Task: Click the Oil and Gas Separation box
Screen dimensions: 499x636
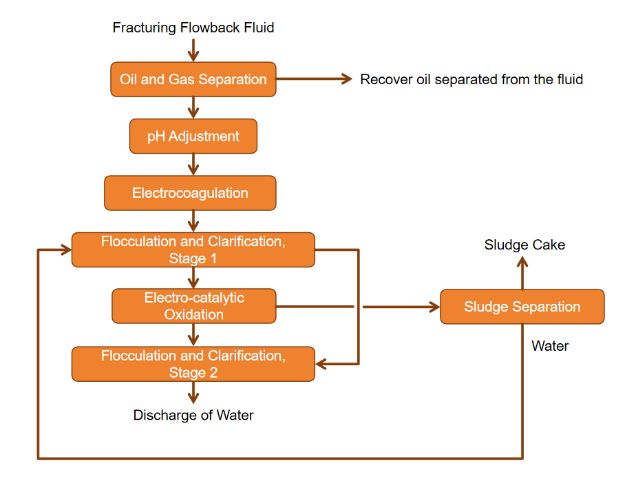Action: [x=193, y=79]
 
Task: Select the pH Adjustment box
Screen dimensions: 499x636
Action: [x=193, y=136]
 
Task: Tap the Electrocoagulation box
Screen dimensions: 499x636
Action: [x=190, y=193]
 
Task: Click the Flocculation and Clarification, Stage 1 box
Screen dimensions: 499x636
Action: [x=193, y=250]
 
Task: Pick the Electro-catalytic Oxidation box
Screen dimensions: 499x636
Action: [x=193, y=306]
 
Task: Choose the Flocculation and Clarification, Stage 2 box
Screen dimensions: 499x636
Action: [x=193, y=364]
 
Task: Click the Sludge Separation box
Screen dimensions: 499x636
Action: [x=522, y=307]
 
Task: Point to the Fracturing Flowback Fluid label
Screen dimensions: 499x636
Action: [x=193, y=28]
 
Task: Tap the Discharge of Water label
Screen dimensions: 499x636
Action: [x=193, y=415]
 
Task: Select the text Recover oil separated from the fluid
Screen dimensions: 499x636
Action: [x=471, y=79]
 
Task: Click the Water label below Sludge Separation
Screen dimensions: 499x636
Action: [x=550, y=346]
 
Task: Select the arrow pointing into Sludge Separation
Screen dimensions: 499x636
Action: [x=402, y=307]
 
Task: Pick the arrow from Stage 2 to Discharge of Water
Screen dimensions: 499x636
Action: [x=193, y=392]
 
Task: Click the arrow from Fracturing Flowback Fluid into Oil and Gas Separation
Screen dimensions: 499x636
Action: [x=193, y=50]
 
